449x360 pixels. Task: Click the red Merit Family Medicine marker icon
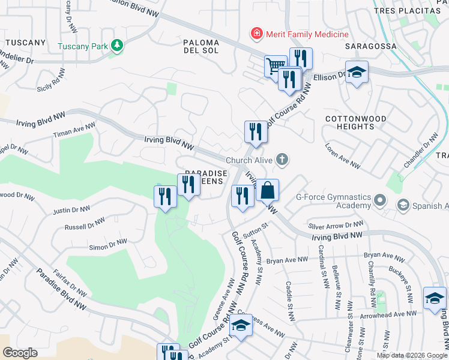(x=257, y=34)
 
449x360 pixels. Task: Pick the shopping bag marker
(x=268, y=191)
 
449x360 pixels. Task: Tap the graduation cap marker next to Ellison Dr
(x=357, y=72)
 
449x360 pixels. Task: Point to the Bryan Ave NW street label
(x=287, y=260)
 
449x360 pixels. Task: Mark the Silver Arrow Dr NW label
(x=336, y=225)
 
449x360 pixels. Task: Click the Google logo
(x=20, y=352)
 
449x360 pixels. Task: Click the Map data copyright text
(x=411, y=355)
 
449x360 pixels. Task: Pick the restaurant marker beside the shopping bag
(x=242, y=196)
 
